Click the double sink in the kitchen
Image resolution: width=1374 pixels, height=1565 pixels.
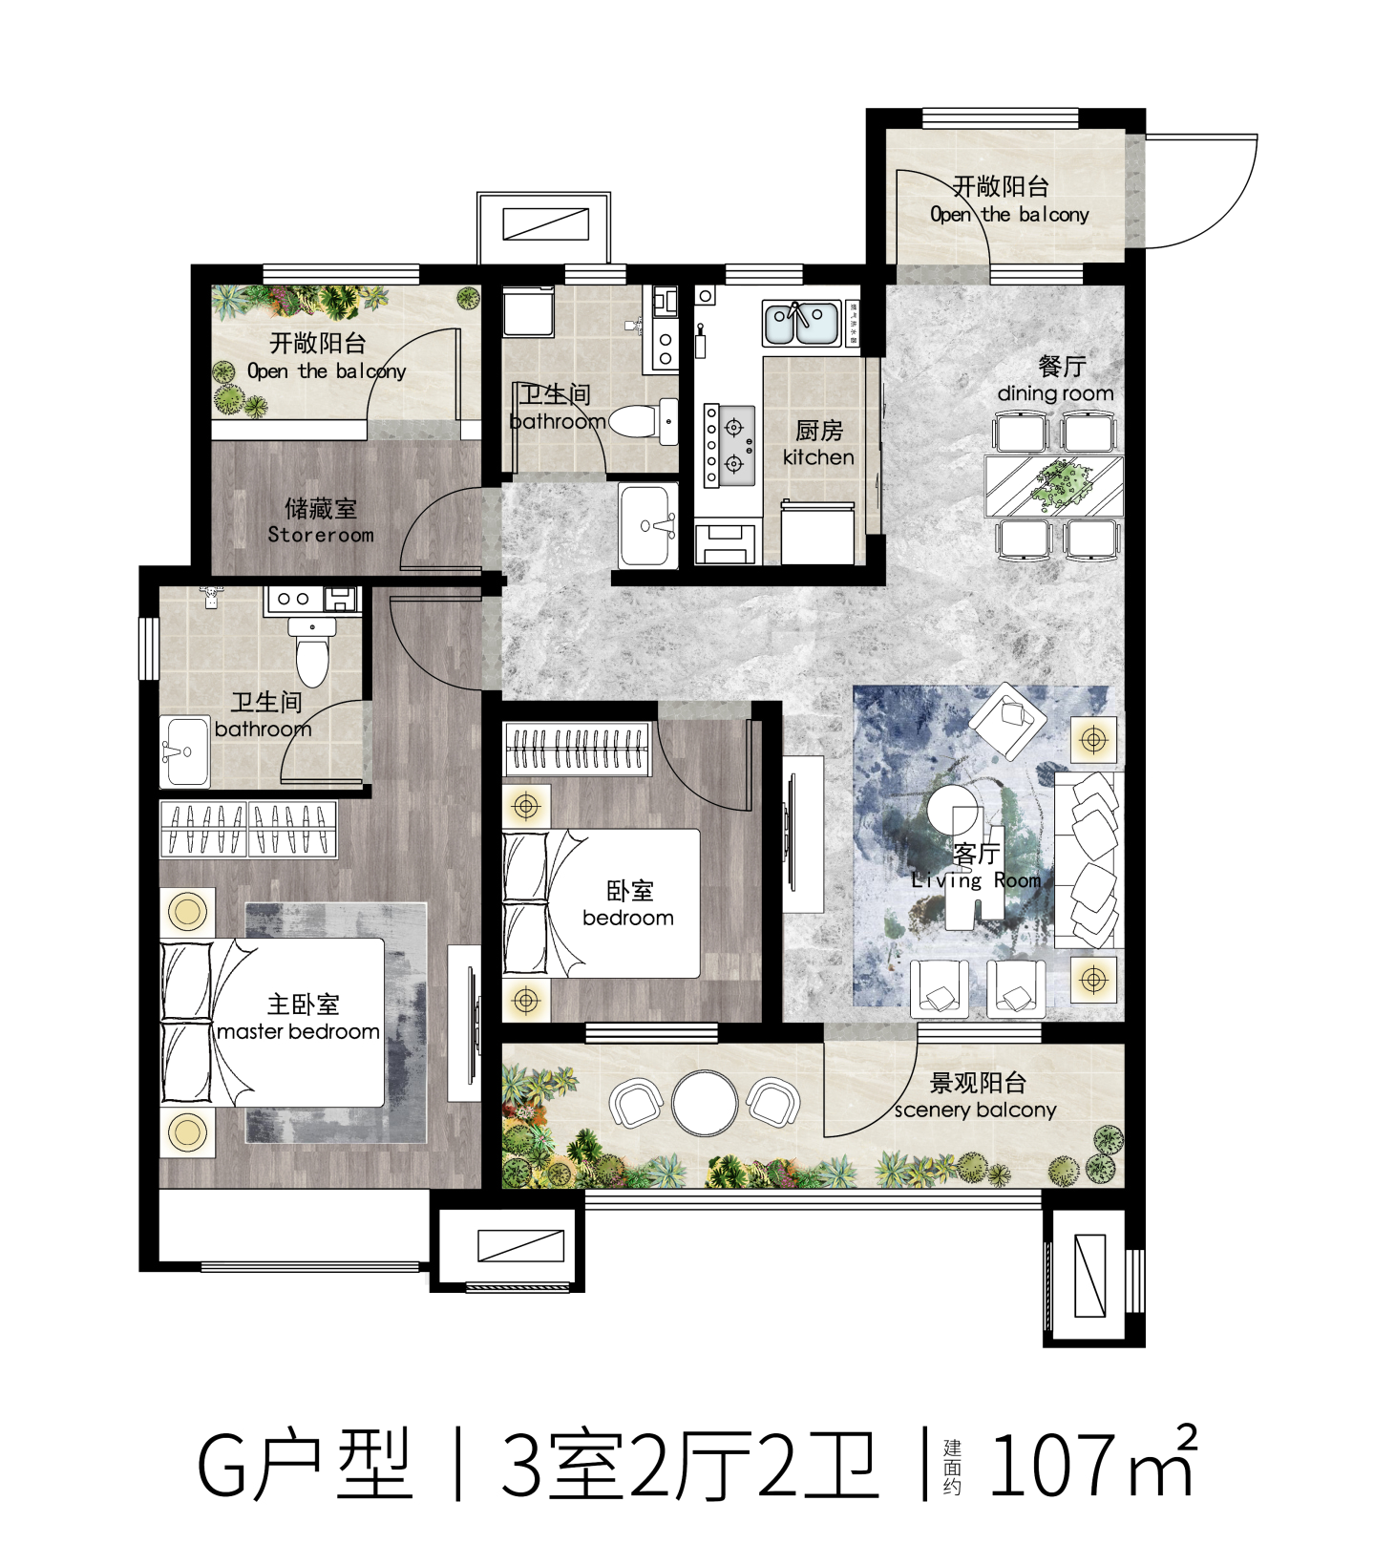tap(801, 323)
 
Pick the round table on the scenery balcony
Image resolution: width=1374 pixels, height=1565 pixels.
tap(705, 1103)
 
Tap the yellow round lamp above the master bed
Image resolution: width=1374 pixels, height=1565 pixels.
tap(187, 911)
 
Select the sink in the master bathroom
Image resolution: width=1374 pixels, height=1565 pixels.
tap(184, 751)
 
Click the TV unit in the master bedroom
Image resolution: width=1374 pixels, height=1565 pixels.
tap(464, 1023)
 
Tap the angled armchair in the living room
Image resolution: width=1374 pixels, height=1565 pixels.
tap(1008, 720)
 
